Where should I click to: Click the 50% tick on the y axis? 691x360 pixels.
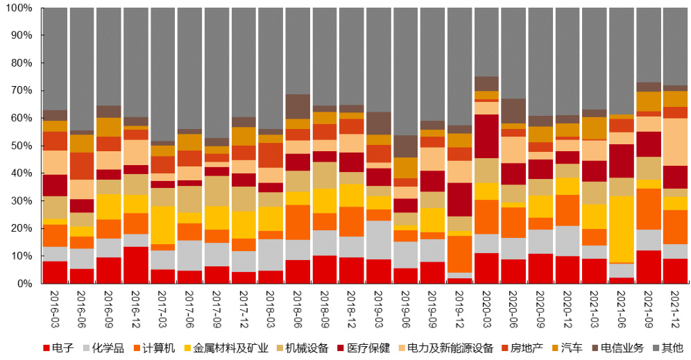(x=19, y=146)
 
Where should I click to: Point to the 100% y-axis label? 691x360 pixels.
(x=17, y=8)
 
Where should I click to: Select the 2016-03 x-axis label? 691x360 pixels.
(x=55, y=311)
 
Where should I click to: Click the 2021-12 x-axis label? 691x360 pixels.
(x=675, y=311)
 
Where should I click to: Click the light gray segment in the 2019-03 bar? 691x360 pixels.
(x=378, y=240)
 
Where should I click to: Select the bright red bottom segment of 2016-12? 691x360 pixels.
(x=136, y=265)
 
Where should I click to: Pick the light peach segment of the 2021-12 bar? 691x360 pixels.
(x=675, y=142)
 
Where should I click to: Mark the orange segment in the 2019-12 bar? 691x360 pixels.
(x=460, y=254)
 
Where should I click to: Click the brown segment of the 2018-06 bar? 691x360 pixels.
(x=298, y=107)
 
